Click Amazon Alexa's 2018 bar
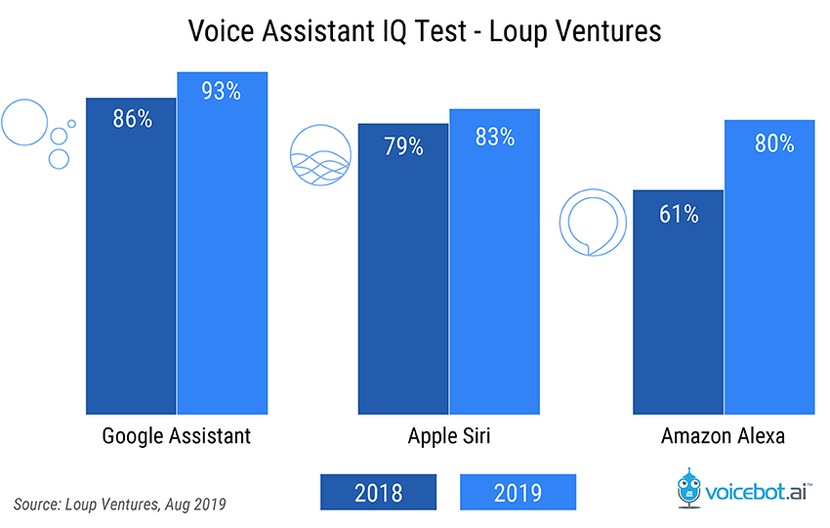pyautogui.click(x=678, y=302)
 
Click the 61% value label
pyautogui.click(x=679, y=214)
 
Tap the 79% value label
pyautogui.click(x=403, y=147)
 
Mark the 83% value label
pyautogui.click(x=494, y=138)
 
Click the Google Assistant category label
pyautogui.click(x=177, y=436)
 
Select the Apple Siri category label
pyautogui.click(x=449, y=436)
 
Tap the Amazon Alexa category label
pyautogui.click(x=724, y=436)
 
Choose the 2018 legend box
pyautogui.click(x=376, y=490)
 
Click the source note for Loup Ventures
pyautogui.click(x=120, y=504)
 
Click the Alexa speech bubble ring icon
pyautogui.click(x=592, y=223)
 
